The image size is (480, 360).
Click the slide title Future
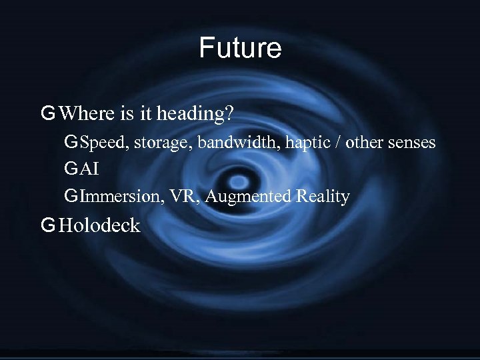240,48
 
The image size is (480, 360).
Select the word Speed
101,143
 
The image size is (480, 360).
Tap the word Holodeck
99,225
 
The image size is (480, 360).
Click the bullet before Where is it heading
47,114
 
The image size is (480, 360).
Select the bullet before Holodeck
47,225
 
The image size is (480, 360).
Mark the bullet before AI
71,170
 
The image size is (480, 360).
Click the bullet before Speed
71,143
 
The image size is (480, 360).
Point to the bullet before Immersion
71,197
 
